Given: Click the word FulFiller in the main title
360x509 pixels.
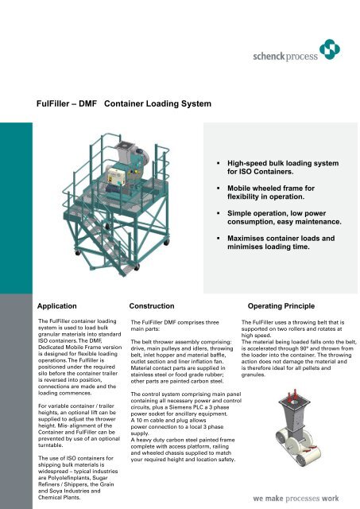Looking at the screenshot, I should point(60,103).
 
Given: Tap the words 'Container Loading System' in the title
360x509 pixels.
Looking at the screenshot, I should point(157,103).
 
